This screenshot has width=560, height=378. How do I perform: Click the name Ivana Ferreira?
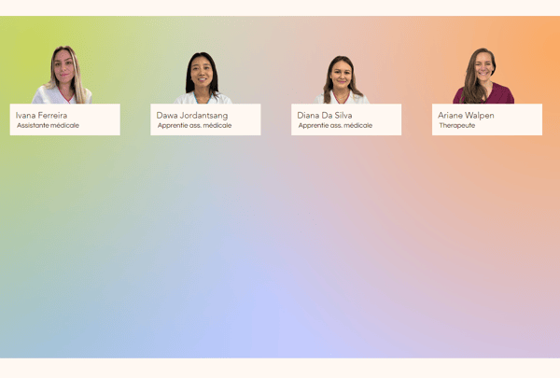tap(41, 116)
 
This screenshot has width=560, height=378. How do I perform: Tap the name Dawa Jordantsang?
tap(192, 116)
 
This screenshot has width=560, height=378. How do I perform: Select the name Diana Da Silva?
tap(325, 116)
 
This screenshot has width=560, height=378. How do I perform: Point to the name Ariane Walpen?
tap(466, 116)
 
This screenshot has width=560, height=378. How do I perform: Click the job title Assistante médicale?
tap(48, 125)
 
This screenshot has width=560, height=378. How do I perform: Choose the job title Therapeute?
tap(457, 125)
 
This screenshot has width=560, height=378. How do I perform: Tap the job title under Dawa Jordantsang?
tap(195, 125)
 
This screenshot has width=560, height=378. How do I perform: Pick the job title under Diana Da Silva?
tap(335, 125)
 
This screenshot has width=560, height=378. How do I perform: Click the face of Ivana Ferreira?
tap(63, 67)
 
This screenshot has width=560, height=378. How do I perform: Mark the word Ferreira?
tap(52, 116)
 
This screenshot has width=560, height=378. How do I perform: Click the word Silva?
tap(343, 116)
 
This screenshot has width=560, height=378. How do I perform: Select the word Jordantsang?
tap(203, 116)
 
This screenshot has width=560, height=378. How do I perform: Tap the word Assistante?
tap(32, 125)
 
